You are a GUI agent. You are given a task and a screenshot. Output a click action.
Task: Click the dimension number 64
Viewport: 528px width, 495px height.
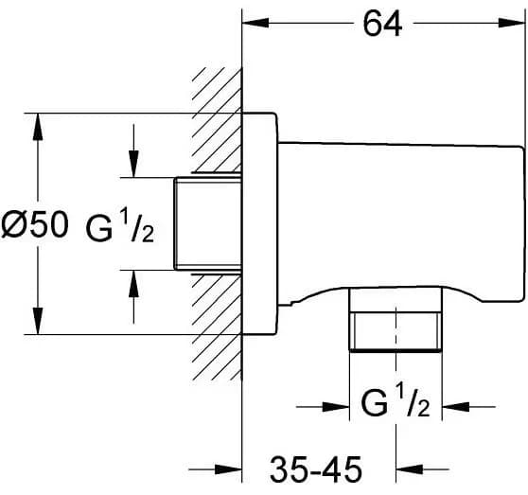(382, 24)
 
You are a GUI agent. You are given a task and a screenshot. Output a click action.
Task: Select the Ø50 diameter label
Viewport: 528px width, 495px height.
(35, 225)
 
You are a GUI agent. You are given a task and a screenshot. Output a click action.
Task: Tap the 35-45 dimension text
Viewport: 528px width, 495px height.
(316, 468)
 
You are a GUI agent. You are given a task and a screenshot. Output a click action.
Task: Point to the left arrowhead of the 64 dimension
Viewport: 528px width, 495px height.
(255, 23)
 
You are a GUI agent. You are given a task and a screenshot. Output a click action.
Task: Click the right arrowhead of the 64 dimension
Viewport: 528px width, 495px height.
(511, 23)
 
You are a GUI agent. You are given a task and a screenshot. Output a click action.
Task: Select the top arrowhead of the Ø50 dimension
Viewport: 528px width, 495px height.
(38, 126)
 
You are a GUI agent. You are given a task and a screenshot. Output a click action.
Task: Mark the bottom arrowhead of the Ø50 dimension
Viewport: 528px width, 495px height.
(38, 321)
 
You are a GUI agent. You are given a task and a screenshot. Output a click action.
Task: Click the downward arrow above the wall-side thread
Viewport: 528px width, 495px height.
(133, 150)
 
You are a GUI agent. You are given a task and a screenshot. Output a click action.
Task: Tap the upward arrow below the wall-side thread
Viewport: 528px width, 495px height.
(133, 296)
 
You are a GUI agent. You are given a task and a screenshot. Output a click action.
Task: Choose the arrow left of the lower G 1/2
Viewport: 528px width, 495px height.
(323, 407)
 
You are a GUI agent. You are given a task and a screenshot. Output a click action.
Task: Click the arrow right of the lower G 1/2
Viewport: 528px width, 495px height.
(468, 407)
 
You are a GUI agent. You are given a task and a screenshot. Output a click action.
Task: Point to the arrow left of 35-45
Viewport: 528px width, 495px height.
(215, 469)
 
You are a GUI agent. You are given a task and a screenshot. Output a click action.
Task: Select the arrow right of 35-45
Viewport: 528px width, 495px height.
(422, 469)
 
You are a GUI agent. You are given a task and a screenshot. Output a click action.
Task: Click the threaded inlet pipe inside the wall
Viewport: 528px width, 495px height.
(208, 224)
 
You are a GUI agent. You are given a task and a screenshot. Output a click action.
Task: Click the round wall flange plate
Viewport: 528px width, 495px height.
(260, 223)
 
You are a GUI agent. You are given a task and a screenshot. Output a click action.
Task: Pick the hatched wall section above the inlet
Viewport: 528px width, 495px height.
(217, 120)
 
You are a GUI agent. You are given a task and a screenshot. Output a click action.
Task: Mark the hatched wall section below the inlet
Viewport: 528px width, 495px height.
(217, 327)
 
